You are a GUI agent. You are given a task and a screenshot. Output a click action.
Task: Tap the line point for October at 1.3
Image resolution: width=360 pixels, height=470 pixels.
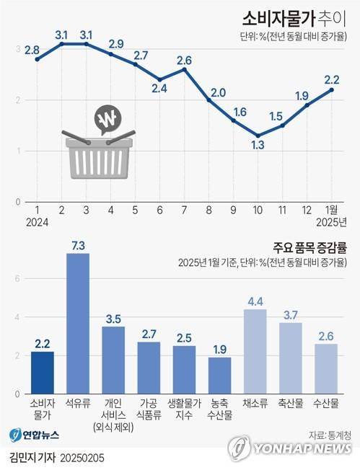(258, 136)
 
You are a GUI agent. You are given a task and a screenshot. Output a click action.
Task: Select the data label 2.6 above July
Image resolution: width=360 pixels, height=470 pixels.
(184, 60)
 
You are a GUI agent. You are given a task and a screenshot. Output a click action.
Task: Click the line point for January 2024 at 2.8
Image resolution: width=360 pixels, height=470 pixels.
(37, 59)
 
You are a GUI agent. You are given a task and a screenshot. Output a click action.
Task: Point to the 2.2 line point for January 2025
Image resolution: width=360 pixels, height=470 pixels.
(332, 89)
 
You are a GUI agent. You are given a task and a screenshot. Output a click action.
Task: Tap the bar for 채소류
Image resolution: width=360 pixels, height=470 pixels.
(255, 351)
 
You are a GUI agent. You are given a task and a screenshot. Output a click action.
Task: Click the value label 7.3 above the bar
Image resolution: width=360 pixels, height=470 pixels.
(78, 246)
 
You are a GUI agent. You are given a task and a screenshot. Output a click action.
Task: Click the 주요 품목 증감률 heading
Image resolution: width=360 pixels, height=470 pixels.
(310, 247)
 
